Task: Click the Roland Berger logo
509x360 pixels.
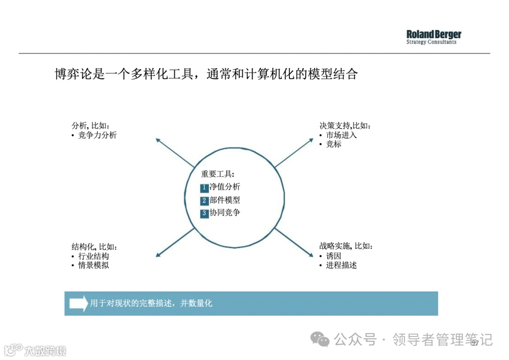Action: click(x=434, y=37)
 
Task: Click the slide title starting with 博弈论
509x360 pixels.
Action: click(x=206, y=74)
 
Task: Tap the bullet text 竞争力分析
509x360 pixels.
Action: click(x=97, y=135)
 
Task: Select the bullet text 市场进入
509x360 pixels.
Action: click(x=341, y=135)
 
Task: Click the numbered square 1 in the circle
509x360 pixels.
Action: click(x=204, y=188)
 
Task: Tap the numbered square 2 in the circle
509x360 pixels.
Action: click(x=204, y=201)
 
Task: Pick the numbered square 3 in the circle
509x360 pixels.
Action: click(x=204, y=213)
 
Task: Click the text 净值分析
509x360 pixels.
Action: click(x=225, y=187)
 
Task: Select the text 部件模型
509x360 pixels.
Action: click(x=225, y=200)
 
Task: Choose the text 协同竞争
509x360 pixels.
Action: click(x=225, y=213)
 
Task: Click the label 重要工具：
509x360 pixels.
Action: click(x=218, y=174)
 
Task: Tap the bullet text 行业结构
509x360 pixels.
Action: click(x=93, y=256)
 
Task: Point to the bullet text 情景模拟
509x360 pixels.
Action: click(x=93, y=265)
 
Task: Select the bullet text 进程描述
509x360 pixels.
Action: click(x=341, y=265)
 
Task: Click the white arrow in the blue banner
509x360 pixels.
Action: click(x=79, y=303)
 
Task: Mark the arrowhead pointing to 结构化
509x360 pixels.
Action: click(x=158, y=254)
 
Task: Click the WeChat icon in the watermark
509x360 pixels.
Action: click(x=323, y=339)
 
